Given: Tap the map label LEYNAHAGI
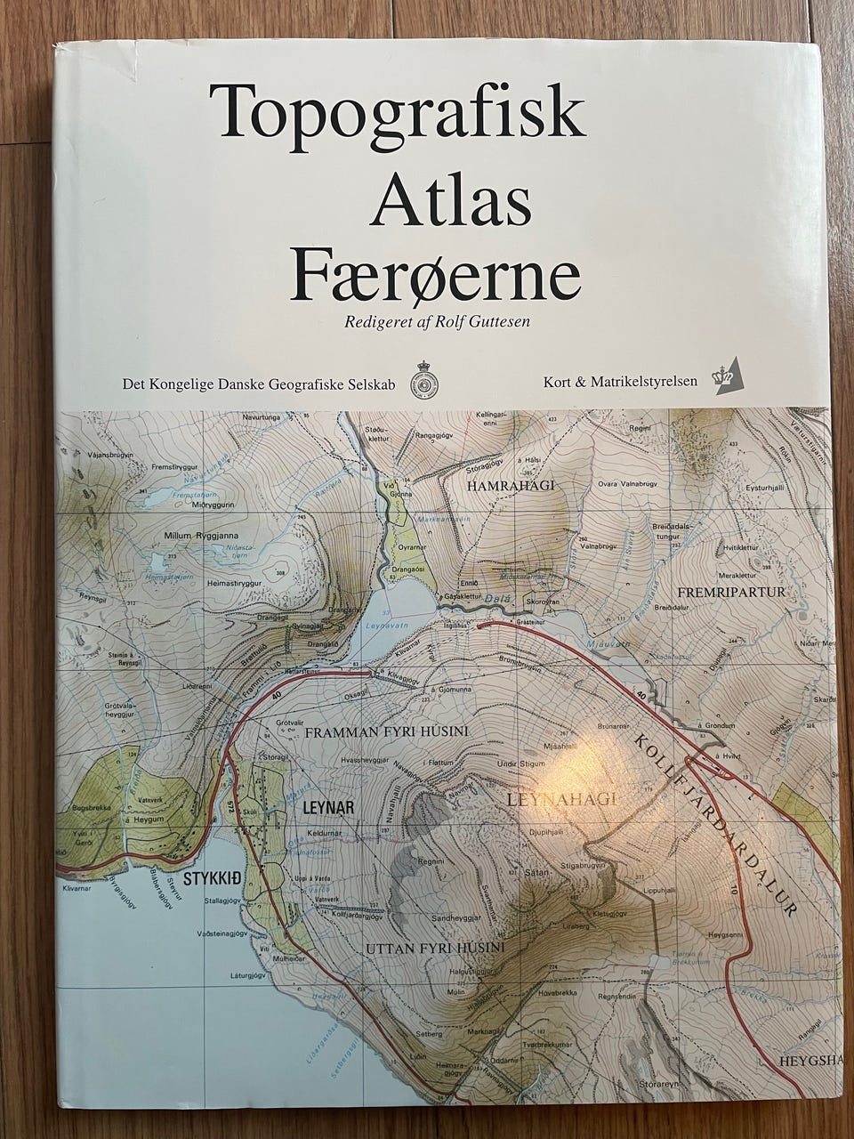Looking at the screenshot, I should (x=561, y=799).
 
